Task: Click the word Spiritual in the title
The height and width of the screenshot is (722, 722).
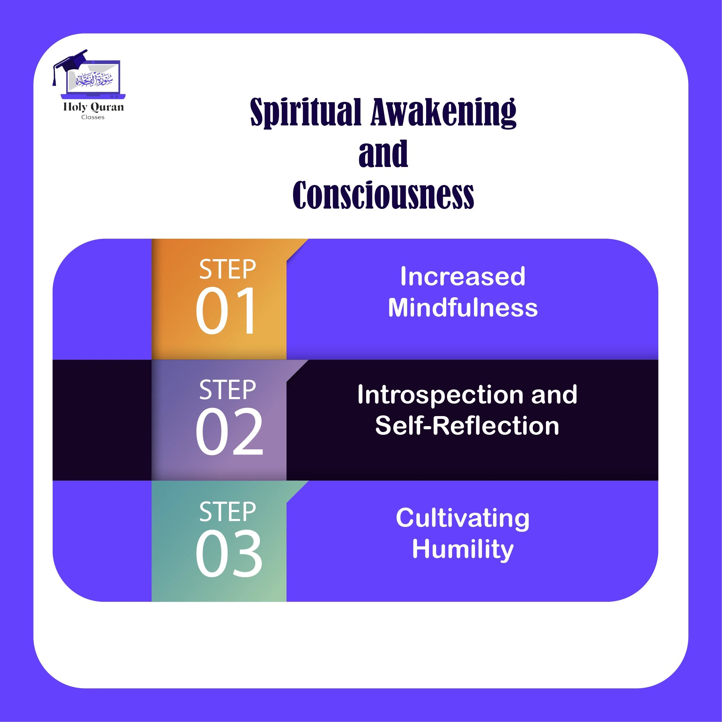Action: (306, 112)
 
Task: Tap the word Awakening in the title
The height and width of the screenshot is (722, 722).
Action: (443, 112)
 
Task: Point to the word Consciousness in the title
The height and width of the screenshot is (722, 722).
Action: (383, 195)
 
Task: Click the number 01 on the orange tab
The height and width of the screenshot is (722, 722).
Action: (226, 310)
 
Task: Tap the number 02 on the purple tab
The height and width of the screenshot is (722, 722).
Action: (229, 432)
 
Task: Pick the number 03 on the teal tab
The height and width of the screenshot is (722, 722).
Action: (229, 553)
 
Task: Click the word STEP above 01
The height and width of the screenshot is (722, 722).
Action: (228, 269)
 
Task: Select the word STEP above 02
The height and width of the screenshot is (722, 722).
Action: (228, 389)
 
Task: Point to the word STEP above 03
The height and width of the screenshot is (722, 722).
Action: (228, 512)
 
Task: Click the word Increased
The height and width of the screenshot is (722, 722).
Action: (463, 276)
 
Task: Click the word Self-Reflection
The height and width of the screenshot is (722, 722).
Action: (467, 426)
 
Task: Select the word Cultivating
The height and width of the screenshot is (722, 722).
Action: (463, 518)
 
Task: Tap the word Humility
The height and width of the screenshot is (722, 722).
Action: (463, 549)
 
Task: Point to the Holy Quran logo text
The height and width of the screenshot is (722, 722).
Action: (94, 107)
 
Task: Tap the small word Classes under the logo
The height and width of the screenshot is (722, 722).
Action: (93, 117)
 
